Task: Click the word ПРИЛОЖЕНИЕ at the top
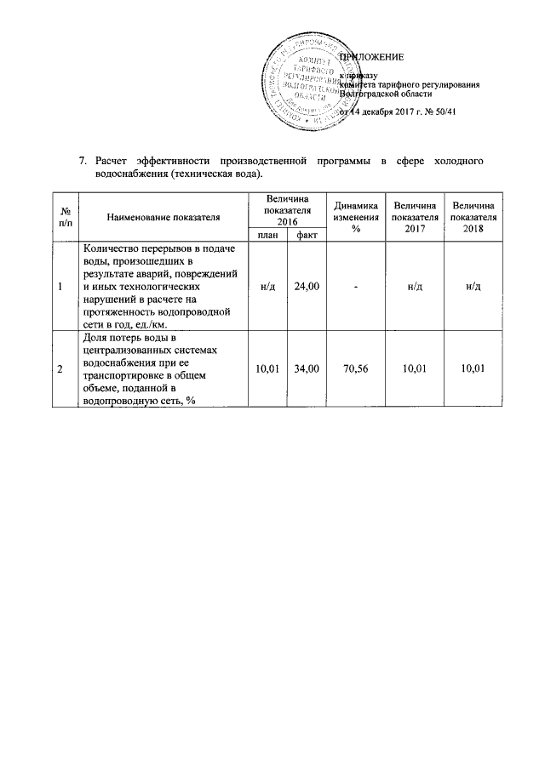(372, 57)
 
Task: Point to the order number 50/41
(446, 111)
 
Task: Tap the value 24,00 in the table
(307, 288)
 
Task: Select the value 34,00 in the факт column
(307, 368)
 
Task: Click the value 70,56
(357, 368)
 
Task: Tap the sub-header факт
(307, 235)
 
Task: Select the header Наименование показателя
(163, 218)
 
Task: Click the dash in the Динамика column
(357, 288)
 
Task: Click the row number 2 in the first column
(60, 368)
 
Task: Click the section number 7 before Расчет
(82, 161)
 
